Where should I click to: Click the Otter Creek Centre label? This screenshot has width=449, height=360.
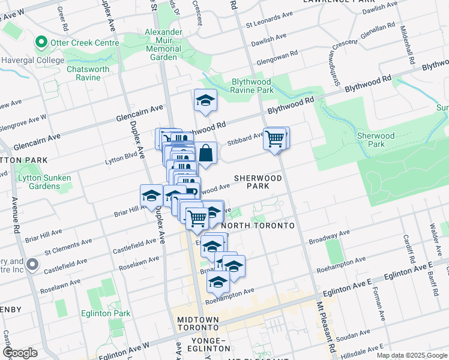tap(80, 42)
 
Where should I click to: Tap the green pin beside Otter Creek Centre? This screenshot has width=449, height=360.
tap(41, 42)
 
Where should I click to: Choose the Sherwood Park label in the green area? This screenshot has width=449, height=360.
tap(376, 140)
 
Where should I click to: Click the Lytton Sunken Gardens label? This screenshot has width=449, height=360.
tap(44, 182)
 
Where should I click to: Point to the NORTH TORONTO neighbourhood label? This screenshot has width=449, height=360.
tap(258, 226)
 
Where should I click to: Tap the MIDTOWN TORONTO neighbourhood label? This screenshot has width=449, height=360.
tap(197, 324)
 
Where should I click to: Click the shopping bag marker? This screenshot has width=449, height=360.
tap(205, 154)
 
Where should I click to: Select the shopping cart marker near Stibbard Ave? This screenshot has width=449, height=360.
tap(274, 139)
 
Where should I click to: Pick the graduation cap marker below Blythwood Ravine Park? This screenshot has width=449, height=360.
tap(205, 101)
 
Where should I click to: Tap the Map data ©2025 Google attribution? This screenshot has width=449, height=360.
tap(412, 355)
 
